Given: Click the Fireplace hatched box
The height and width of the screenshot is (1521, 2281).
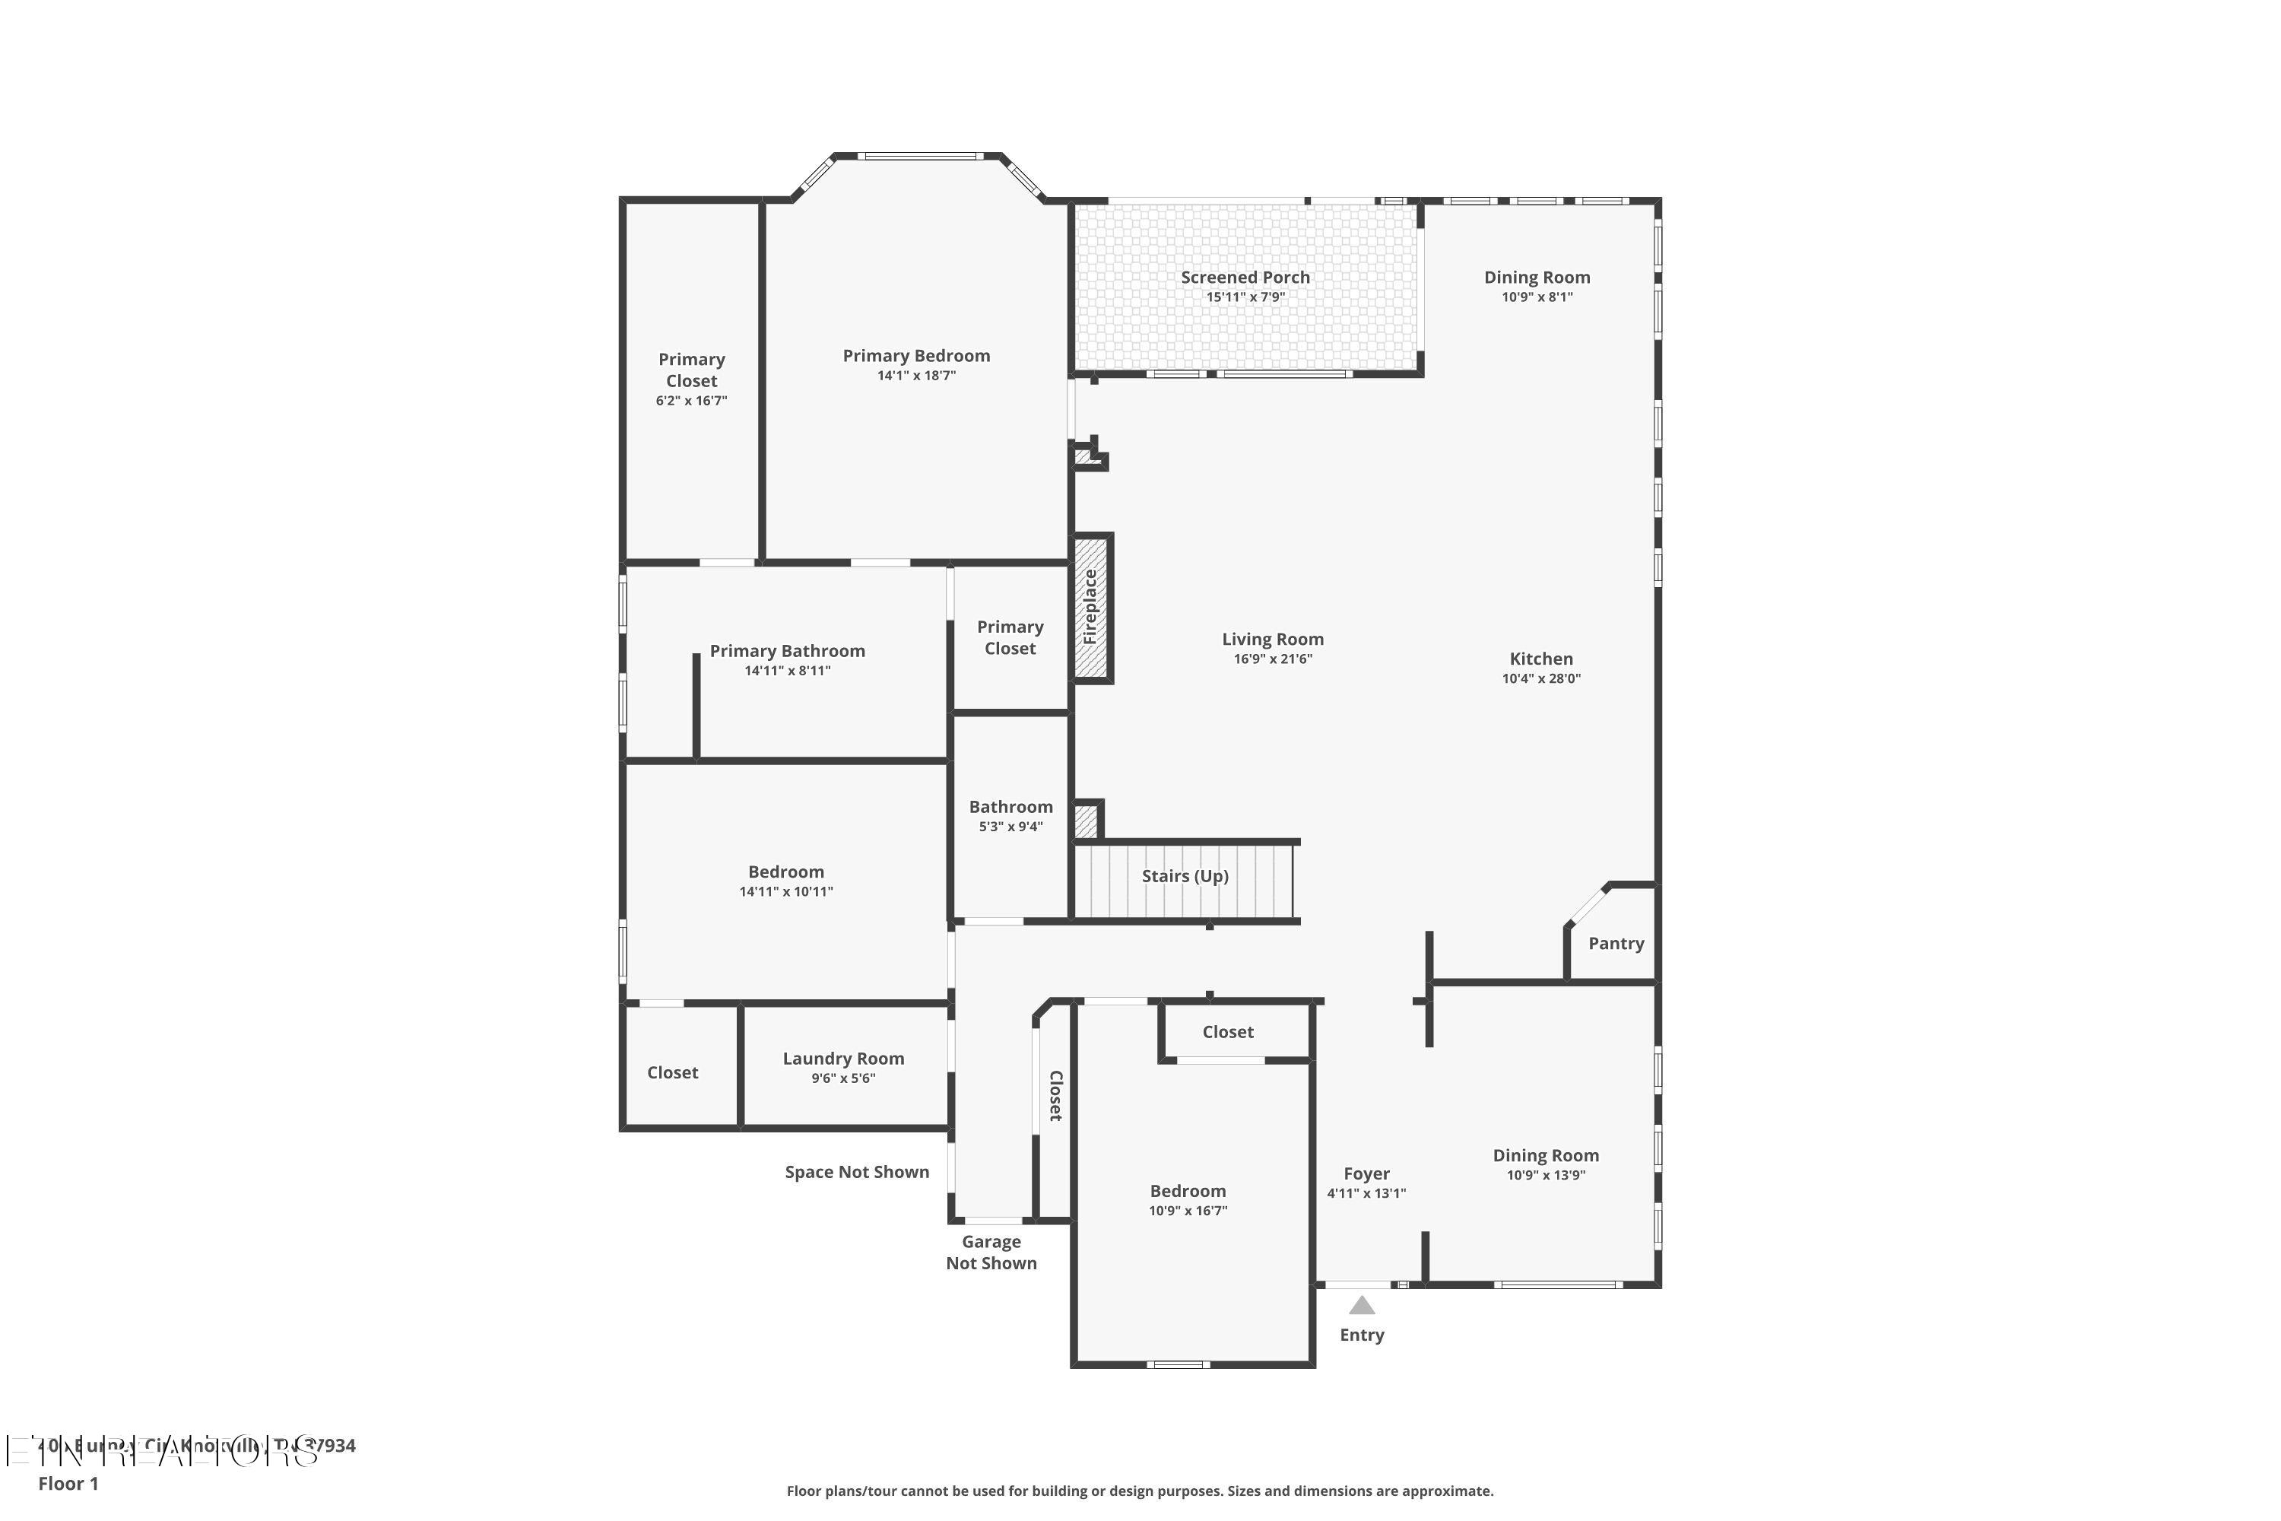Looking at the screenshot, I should [1090, 608].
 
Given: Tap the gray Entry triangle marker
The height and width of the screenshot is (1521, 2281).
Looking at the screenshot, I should [1362, 1306].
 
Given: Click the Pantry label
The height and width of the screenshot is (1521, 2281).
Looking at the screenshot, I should [1616, 943].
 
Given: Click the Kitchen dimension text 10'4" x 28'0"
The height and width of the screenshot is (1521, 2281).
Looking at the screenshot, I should [1541, 679].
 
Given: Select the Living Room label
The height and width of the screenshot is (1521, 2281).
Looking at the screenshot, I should [1272, 640].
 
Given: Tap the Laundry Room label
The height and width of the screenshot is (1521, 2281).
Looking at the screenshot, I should [842, 1059].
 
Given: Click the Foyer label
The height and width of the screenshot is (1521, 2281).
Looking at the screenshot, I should [1366, 1173].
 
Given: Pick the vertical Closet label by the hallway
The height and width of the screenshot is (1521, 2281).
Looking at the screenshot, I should [1056, 1096].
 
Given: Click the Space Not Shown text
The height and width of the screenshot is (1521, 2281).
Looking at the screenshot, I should [856, 1172].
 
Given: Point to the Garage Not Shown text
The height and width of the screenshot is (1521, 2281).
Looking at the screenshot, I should [991, 1253].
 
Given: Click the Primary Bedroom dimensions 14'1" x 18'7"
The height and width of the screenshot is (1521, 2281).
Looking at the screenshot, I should [916, 376].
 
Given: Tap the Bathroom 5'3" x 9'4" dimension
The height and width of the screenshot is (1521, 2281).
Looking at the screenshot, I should [1010, 827].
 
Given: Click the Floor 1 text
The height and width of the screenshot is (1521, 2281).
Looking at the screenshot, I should [68, 1483].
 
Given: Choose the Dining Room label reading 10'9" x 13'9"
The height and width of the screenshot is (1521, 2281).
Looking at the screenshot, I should [1546, 1155].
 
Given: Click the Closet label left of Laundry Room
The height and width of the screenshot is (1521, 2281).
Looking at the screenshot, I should [672, 1072].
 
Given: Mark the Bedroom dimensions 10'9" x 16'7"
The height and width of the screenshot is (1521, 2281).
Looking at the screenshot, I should [1188, 1211].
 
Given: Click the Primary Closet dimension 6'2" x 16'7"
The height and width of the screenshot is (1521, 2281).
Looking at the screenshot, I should [690, 401].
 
